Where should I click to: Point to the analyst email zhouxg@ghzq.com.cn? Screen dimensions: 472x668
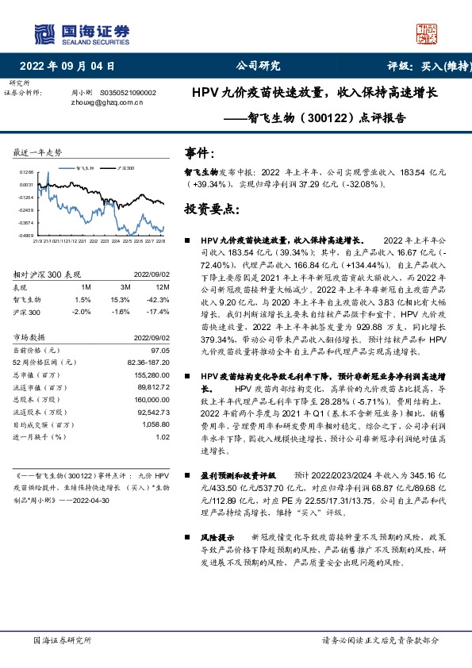[x=104, y=102]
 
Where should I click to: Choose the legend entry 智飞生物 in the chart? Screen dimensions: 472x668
[x=85, y=169]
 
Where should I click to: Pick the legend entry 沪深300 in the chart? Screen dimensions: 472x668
[x=125, y=169]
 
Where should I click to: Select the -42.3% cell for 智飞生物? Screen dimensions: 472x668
[x=159, y=300]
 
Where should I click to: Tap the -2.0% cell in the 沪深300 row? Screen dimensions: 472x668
[x=83, y=311]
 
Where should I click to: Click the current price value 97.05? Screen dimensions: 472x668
[x=161, y=350]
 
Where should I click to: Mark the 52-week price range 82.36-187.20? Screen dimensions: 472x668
[x=149, y=362]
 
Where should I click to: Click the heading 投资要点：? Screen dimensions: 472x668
[x=209, y=209]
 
